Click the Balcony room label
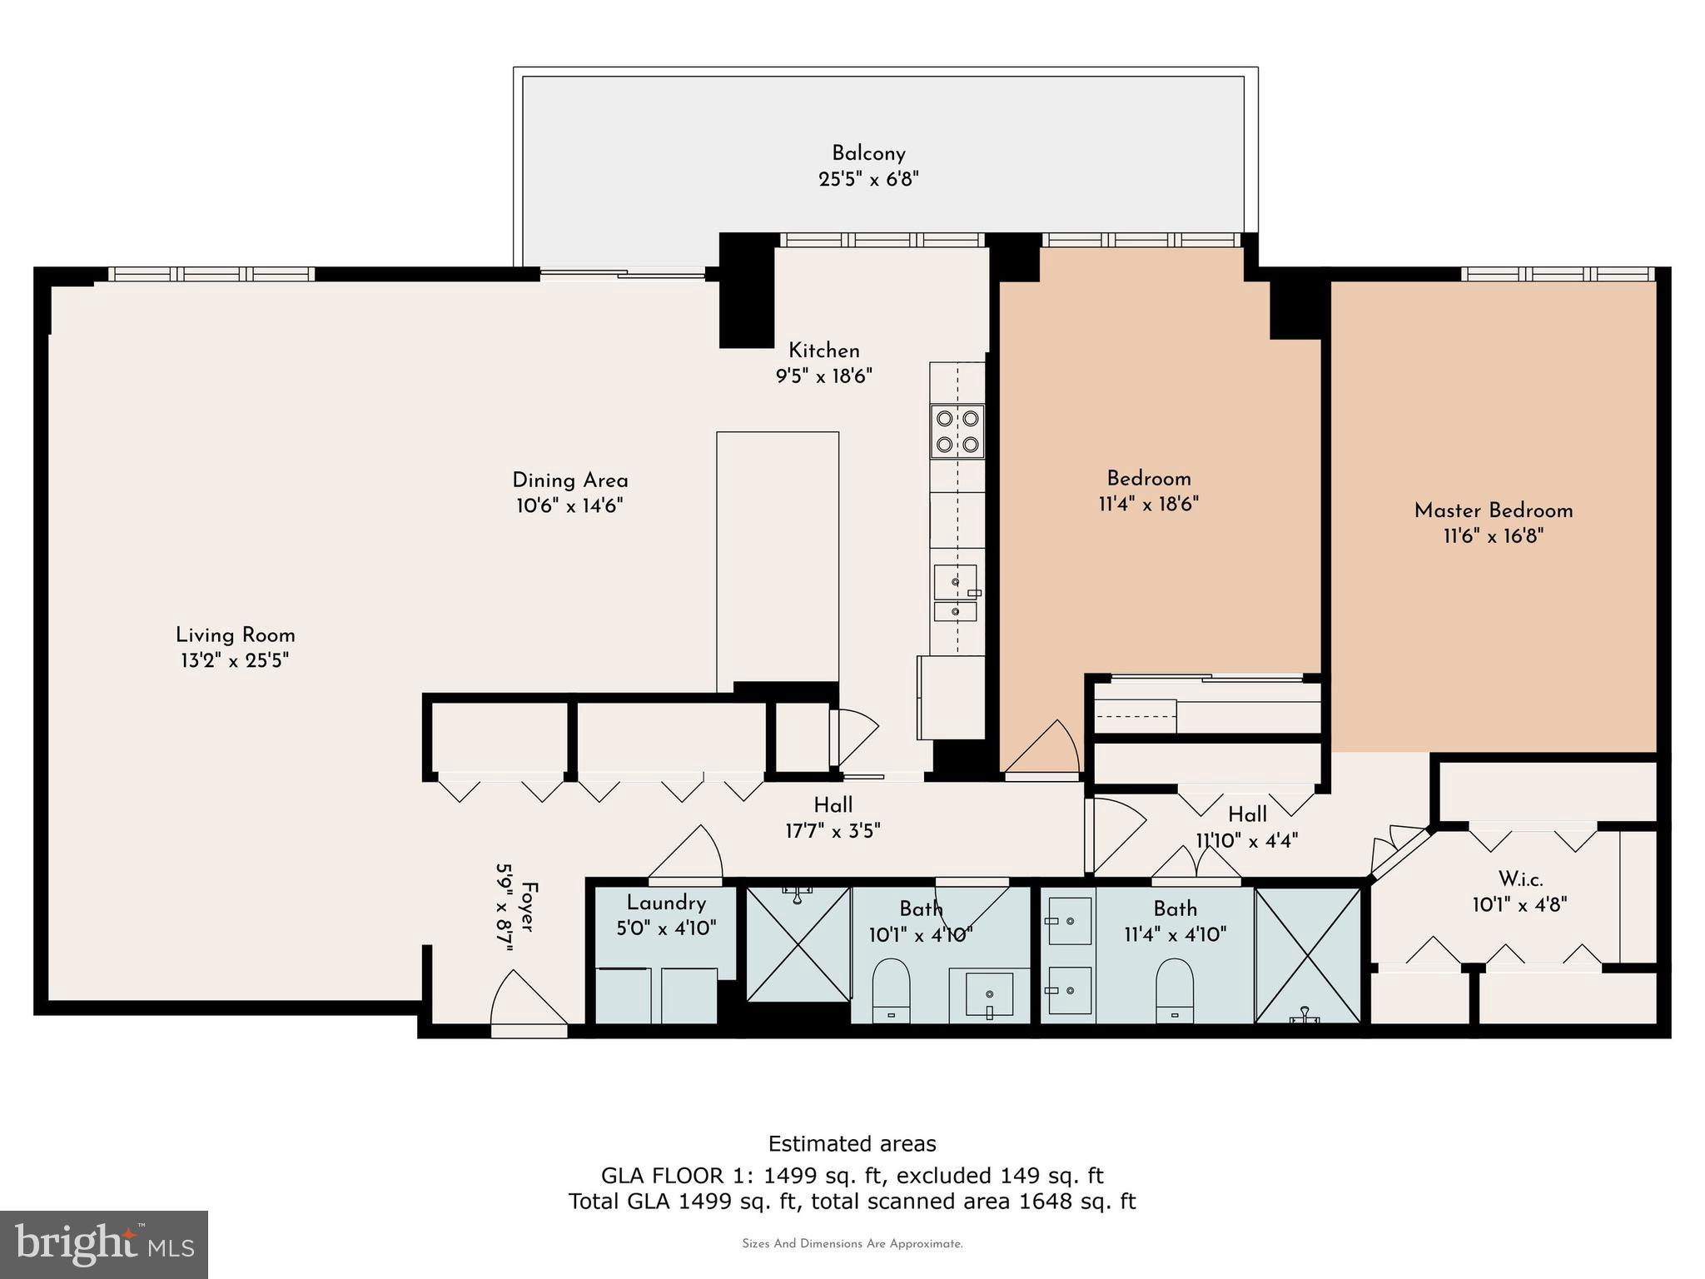click(868, 153)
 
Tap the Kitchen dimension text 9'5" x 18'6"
click(823, 376)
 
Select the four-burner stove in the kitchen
click(957, 431)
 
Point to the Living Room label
click(235, 635)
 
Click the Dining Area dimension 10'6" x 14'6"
click(569, 506)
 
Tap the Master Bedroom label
click(1493, 510)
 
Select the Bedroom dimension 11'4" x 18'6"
click(1148, 504)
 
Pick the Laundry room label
click(666, 903)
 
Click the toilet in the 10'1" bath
click(891, 990)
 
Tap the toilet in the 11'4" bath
click(1174, 990)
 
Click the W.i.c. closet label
click(1520, 879)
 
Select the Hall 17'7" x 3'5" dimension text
click(833, 831)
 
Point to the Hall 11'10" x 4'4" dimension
click(1247, 841)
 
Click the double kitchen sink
click(955, 594)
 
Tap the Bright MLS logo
click(104, 1244)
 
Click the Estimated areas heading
click(852, 1143)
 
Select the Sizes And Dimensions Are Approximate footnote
click(852, 1244)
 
